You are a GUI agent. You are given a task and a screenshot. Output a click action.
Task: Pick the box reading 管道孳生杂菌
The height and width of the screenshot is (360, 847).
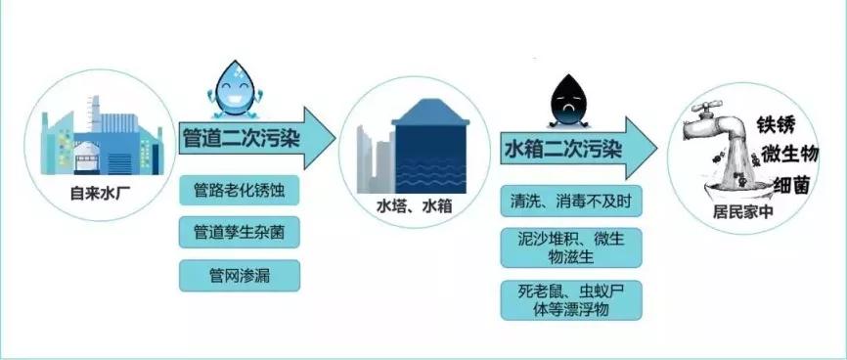click(239, 233)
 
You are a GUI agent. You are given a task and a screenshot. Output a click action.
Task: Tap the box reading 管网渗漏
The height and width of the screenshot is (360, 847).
click(239, 276)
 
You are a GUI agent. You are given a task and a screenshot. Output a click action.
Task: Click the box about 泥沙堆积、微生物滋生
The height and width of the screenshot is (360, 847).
click(571, 248)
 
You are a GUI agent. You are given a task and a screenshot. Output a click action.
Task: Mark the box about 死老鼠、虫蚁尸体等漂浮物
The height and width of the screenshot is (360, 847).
click(571, 300)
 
